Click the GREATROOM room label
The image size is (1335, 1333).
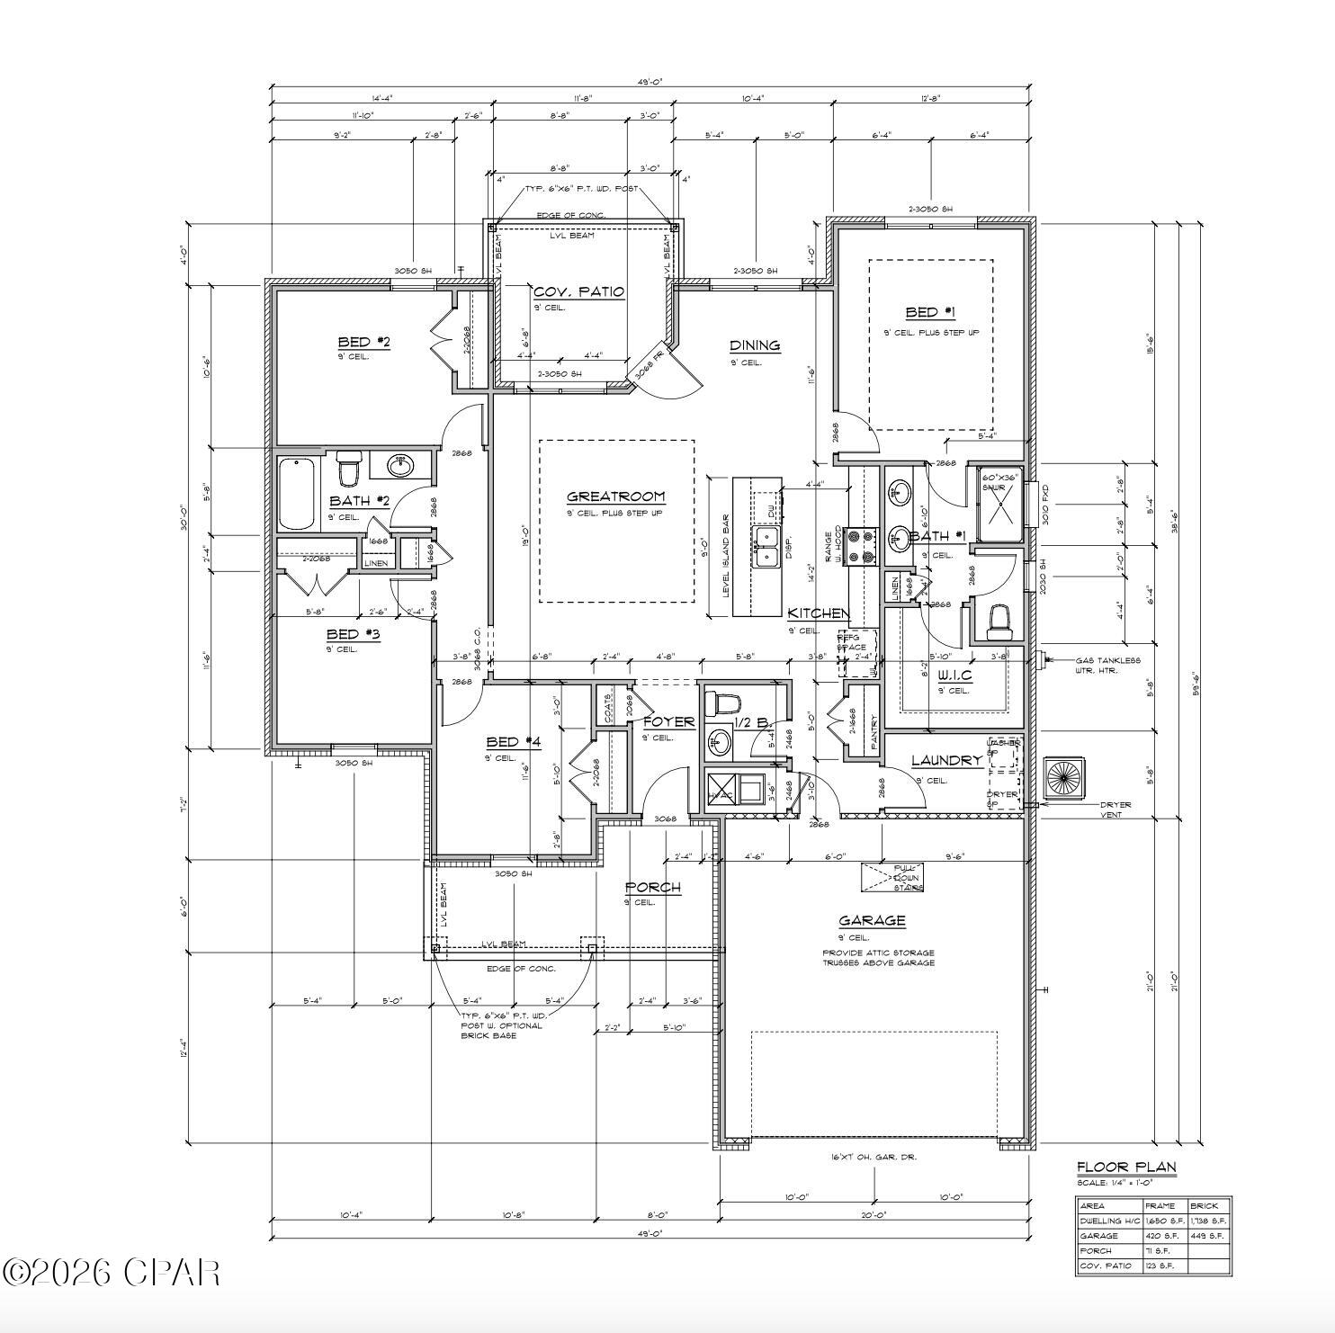[x=615, y=497]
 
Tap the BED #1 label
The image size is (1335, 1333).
[x=929, y=313]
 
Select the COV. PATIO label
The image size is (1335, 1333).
[x=578, y=292]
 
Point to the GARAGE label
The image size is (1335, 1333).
[x=871, y=920]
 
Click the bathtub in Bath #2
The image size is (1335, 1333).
[x=296, y=495]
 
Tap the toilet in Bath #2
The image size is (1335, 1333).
[x=347, y=469]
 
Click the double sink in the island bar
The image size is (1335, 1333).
[x=766, y=549]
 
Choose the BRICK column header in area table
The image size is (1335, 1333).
[x=1204, y=1205]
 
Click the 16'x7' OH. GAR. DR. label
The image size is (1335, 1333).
[x=874, y=1157]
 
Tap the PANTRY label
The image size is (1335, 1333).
[x=874, y=731]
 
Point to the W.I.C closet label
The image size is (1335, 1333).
[x=954, y=675]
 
